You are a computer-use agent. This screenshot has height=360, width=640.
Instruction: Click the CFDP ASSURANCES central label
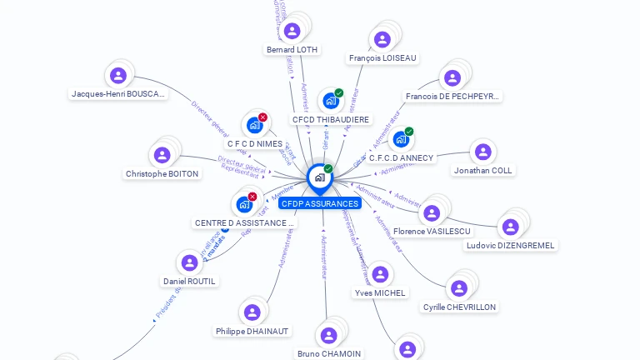tap(320, 203)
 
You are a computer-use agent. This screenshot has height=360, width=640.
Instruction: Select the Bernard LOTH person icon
tap(292, 31)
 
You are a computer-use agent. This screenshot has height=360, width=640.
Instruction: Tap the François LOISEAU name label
tap(383, 58)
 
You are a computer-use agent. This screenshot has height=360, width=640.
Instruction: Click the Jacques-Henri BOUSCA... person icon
tap(118, 76)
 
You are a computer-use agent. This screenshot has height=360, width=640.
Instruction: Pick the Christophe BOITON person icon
tap(162, 155)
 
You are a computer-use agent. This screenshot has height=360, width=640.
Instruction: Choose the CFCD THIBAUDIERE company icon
tap(330, 102)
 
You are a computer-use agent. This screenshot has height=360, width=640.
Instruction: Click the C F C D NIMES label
tap(255, 143)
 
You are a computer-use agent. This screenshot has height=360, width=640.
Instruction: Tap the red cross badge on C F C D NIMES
tap(262, 117)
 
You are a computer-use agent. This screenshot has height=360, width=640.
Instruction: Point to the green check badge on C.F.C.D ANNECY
tap(409, 131)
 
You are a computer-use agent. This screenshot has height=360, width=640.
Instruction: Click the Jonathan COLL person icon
tap(482, 152)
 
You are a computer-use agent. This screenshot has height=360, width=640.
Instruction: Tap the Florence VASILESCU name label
tap(432, 231)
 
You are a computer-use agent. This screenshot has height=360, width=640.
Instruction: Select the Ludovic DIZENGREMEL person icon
tap(510, 227)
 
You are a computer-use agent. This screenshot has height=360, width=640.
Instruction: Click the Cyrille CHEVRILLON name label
tap(459, 307)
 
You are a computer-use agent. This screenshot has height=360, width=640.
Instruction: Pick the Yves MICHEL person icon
tap(380, 274)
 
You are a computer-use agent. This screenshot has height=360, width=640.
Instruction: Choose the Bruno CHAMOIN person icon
tap(328, 335)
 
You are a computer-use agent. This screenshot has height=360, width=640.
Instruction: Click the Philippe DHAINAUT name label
tap(252, 331)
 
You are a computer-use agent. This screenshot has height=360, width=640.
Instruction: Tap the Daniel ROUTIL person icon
tap(189, 263)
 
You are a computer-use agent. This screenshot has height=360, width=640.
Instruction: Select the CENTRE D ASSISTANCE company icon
tap(244, 204)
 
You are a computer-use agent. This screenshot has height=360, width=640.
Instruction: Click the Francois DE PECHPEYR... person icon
tap(452, 78)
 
